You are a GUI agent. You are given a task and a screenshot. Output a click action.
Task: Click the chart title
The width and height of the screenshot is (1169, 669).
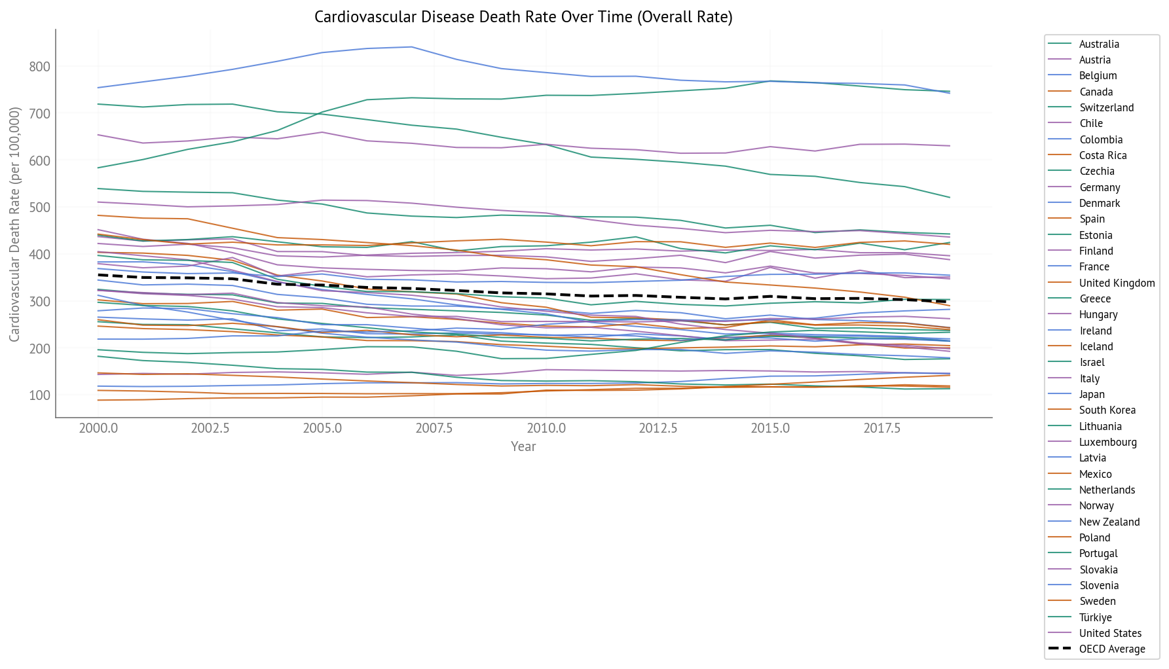523,17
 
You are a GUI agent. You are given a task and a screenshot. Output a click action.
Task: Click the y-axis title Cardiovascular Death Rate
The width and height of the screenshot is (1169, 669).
14,224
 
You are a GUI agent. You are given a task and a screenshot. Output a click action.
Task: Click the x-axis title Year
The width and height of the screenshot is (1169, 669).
523,446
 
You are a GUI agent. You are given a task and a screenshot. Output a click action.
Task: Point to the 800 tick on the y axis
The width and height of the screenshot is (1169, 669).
39,67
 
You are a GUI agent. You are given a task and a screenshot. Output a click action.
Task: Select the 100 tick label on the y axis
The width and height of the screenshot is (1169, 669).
39,395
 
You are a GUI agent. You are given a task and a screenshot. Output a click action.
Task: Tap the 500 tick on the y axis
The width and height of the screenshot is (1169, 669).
39,208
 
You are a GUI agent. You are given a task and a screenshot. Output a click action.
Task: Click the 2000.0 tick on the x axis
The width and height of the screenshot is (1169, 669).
98,428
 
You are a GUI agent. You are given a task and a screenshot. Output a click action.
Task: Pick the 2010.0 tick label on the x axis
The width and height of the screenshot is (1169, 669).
546,428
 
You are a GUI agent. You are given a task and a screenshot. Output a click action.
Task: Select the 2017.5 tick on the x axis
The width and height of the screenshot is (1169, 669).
881,428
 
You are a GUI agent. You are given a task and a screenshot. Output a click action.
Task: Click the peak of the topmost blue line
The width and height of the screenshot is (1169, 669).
411,47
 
